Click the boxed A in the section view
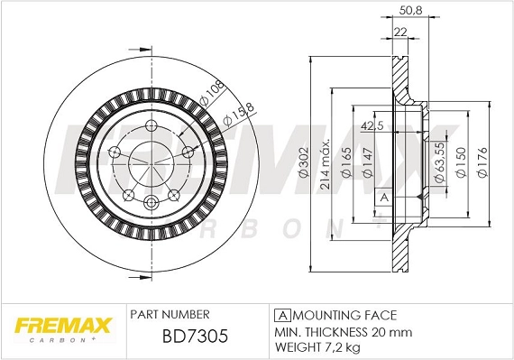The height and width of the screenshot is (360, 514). coord(383,197)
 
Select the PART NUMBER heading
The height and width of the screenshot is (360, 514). coord(170,315)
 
